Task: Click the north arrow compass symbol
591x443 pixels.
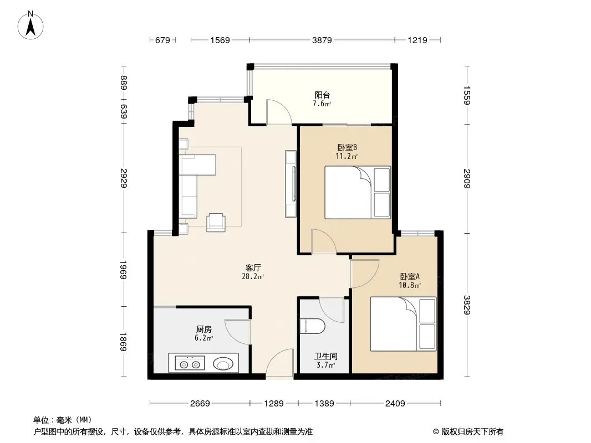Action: pyautogui.click(x=30, y=25)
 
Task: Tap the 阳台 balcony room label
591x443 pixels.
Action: pyautogui.click(x=322, y=95)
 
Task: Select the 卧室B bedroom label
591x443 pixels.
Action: pyautogui.click(x=347, y=147)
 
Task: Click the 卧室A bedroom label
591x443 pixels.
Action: pyautogui.click(x=410, y=277)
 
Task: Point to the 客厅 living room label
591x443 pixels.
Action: pyautogui.click(x=253, y=268)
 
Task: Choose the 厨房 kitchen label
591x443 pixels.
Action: pyautogui.click(x=204, y=329)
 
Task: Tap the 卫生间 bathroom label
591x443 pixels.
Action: pyautogui.click(x=325, y=356)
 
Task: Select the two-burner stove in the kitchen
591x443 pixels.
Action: pyautogui.click(x=190, y=364)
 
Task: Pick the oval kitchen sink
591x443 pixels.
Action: pyautogui.click(x=223, y=364)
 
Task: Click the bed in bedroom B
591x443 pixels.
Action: pyautogui.click(x=358, y=192)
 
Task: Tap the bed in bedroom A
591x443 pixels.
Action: pyautogui.click(x=403, y=324)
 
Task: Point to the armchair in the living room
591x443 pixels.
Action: pyautogui.click(x=216, y=222)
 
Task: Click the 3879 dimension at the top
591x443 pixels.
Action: pyautogui.click(x=322, y=40)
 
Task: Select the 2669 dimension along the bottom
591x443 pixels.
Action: pyautogui.click(x=200, y=404)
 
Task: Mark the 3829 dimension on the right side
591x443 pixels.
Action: pyautogui.click(x=467, y=305)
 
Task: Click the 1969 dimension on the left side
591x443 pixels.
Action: pyautogui.click(x=123, y=270)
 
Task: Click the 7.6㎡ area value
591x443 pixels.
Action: pyautogui.click(x=322, y=104)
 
